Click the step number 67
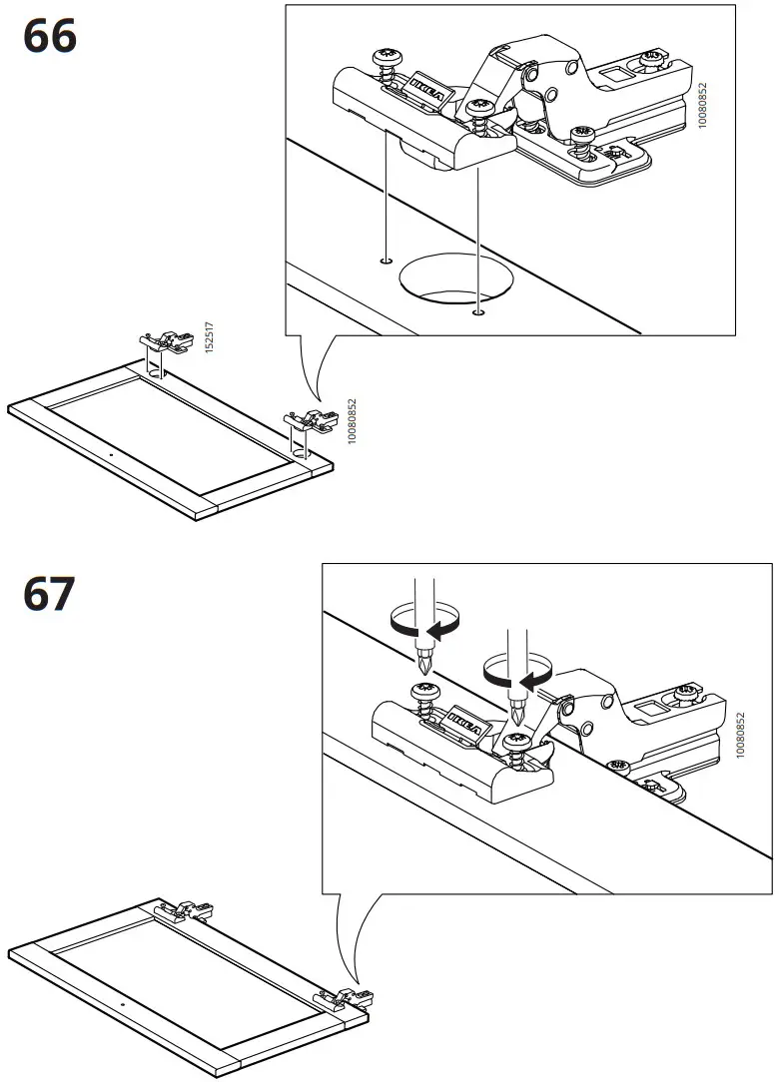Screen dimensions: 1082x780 tap(49, 595)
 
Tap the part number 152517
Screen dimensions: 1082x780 tap(210, 337)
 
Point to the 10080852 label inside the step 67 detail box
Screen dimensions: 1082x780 tap(740, 736)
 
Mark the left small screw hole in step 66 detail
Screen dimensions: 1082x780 tap(386, 262)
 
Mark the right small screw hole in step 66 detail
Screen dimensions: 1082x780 tap(479, 312)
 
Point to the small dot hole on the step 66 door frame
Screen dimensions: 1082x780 tap(110, 453)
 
